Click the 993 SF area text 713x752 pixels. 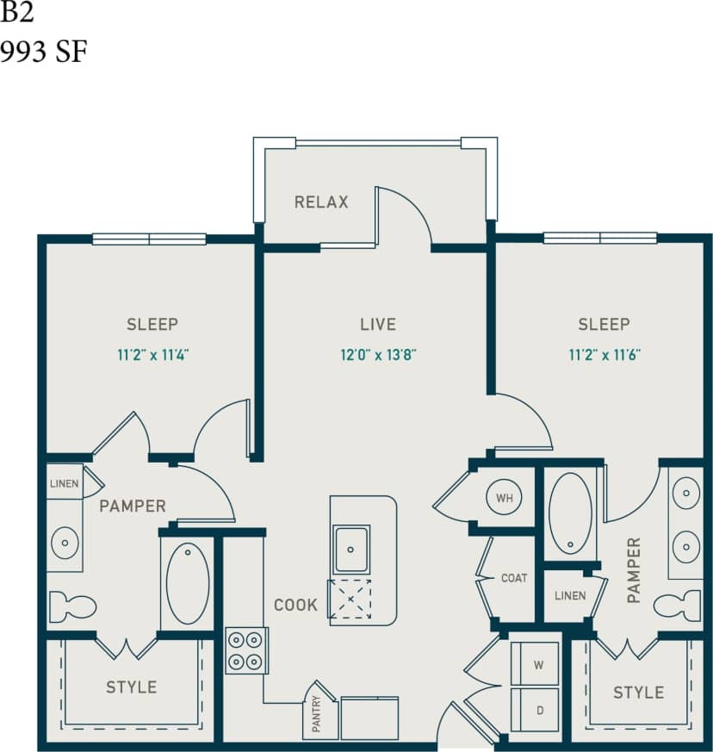click(x=44, y=53)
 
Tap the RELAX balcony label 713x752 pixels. click(x=321, y=202)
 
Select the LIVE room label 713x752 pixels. click(x=378, y=325)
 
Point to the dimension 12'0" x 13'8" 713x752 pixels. click(x=378, y=353)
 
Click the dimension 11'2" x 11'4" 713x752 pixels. click(x=152, y=353)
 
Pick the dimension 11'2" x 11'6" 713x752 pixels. click(x=604, y=353)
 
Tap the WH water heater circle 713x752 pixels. click(x=503, y=497)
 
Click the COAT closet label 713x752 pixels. click(x=514, y=578)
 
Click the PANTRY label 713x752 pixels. click(x=316, y=714)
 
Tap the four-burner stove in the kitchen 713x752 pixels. click(x=246, y=650)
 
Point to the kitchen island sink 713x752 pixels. click(x=351, y=549)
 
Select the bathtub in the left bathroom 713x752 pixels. click(x=187, y=583)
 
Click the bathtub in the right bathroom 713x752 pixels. click(x=569, y=512)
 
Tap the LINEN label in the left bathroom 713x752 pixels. click(x=64, y=483)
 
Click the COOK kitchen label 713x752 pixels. click(x=295, y=606)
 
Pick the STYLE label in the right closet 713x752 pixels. click(x=638, y=693)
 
